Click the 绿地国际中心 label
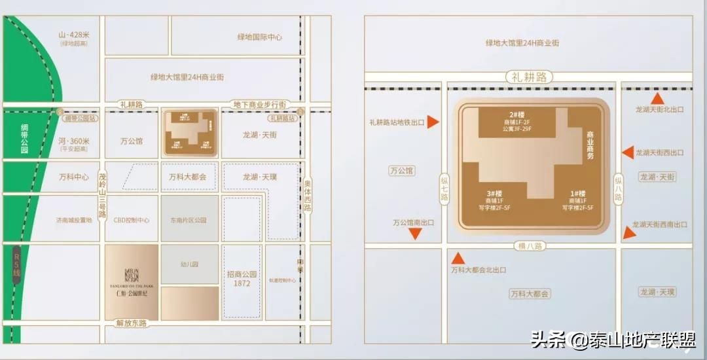(260, 37)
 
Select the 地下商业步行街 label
(260, 105)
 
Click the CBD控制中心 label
(132, 220)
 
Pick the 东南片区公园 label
(189, 220)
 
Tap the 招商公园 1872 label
(242, 279)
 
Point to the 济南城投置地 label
(74, 220)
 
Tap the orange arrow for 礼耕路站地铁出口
(432, 122)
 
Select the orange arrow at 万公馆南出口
(415, 234)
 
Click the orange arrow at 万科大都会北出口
(458, 258)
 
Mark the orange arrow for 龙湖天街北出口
(658, 98)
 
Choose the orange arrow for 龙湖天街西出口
(628, 153)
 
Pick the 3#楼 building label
(494, 194)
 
